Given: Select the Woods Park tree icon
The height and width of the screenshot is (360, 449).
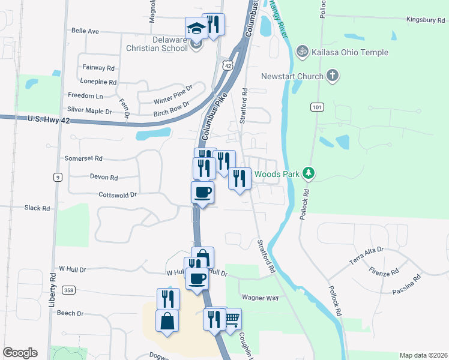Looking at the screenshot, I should [x=309, y=174].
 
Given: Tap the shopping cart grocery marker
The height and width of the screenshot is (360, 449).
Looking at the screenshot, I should [x=231, y=319].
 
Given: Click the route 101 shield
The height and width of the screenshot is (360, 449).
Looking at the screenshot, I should [x=317, y=107].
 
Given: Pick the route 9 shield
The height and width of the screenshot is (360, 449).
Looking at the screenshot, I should [x=58, y=177].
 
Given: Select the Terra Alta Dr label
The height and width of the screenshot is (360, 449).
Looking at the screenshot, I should [x=366, y=254].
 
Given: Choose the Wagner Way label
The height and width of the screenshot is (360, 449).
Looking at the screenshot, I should [x=260, y=297].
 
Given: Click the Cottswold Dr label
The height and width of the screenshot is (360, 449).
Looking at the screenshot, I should [x=118, y=194].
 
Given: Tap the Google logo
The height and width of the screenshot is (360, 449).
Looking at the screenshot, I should [x=20, y=353].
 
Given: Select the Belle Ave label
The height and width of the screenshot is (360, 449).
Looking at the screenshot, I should [x=85, y=31].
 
